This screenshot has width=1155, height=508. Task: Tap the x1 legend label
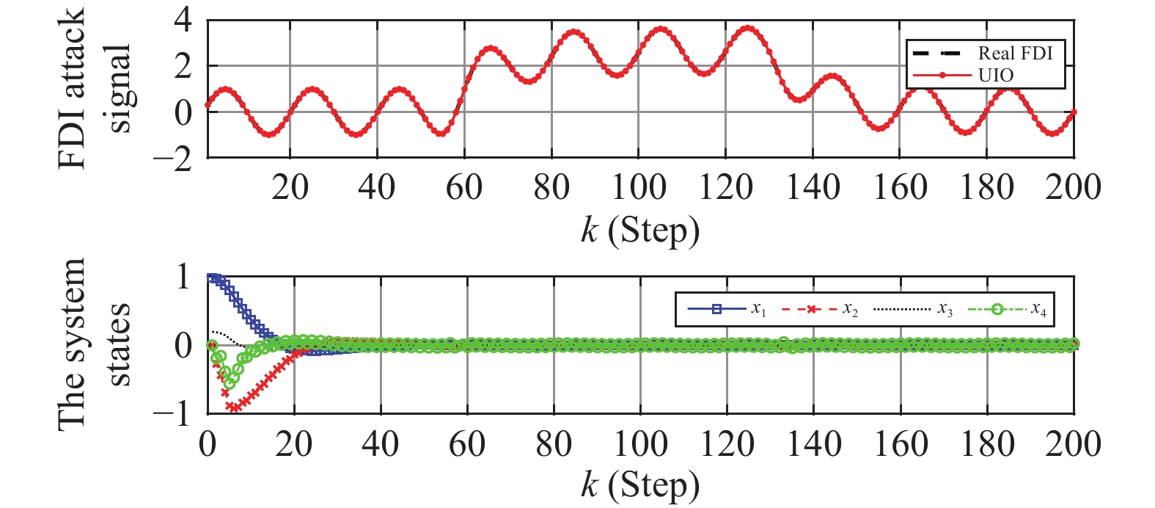tap(758, 310)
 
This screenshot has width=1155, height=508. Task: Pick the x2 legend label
tap(850, 310)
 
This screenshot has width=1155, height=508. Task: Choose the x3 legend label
tap(945, 310)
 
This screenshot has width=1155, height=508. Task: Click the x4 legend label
tap(1038, 310)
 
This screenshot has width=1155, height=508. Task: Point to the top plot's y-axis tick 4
tap(183, 21)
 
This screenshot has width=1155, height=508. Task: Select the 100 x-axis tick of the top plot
tap(639, 188)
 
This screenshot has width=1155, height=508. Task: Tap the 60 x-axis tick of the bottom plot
tap(466, 444)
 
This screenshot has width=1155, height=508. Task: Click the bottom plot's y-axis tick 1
tap(184, 277)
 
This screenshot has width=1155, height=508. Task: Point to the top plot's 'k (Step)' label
tap(639, 231)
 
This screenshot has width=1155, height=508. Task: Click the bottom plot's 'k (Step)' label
tap(639, 485)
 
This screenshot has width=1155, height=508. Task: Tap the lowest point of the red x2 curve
tap(234, 407)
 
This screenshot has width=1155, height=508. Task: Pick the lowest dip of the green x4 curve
tap(229, 384)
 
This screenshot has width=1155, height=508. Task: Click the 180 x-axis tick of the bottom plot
tap(987, 444)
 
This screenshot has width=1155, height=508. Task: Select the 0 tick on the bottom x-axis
tap(208, 444)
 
